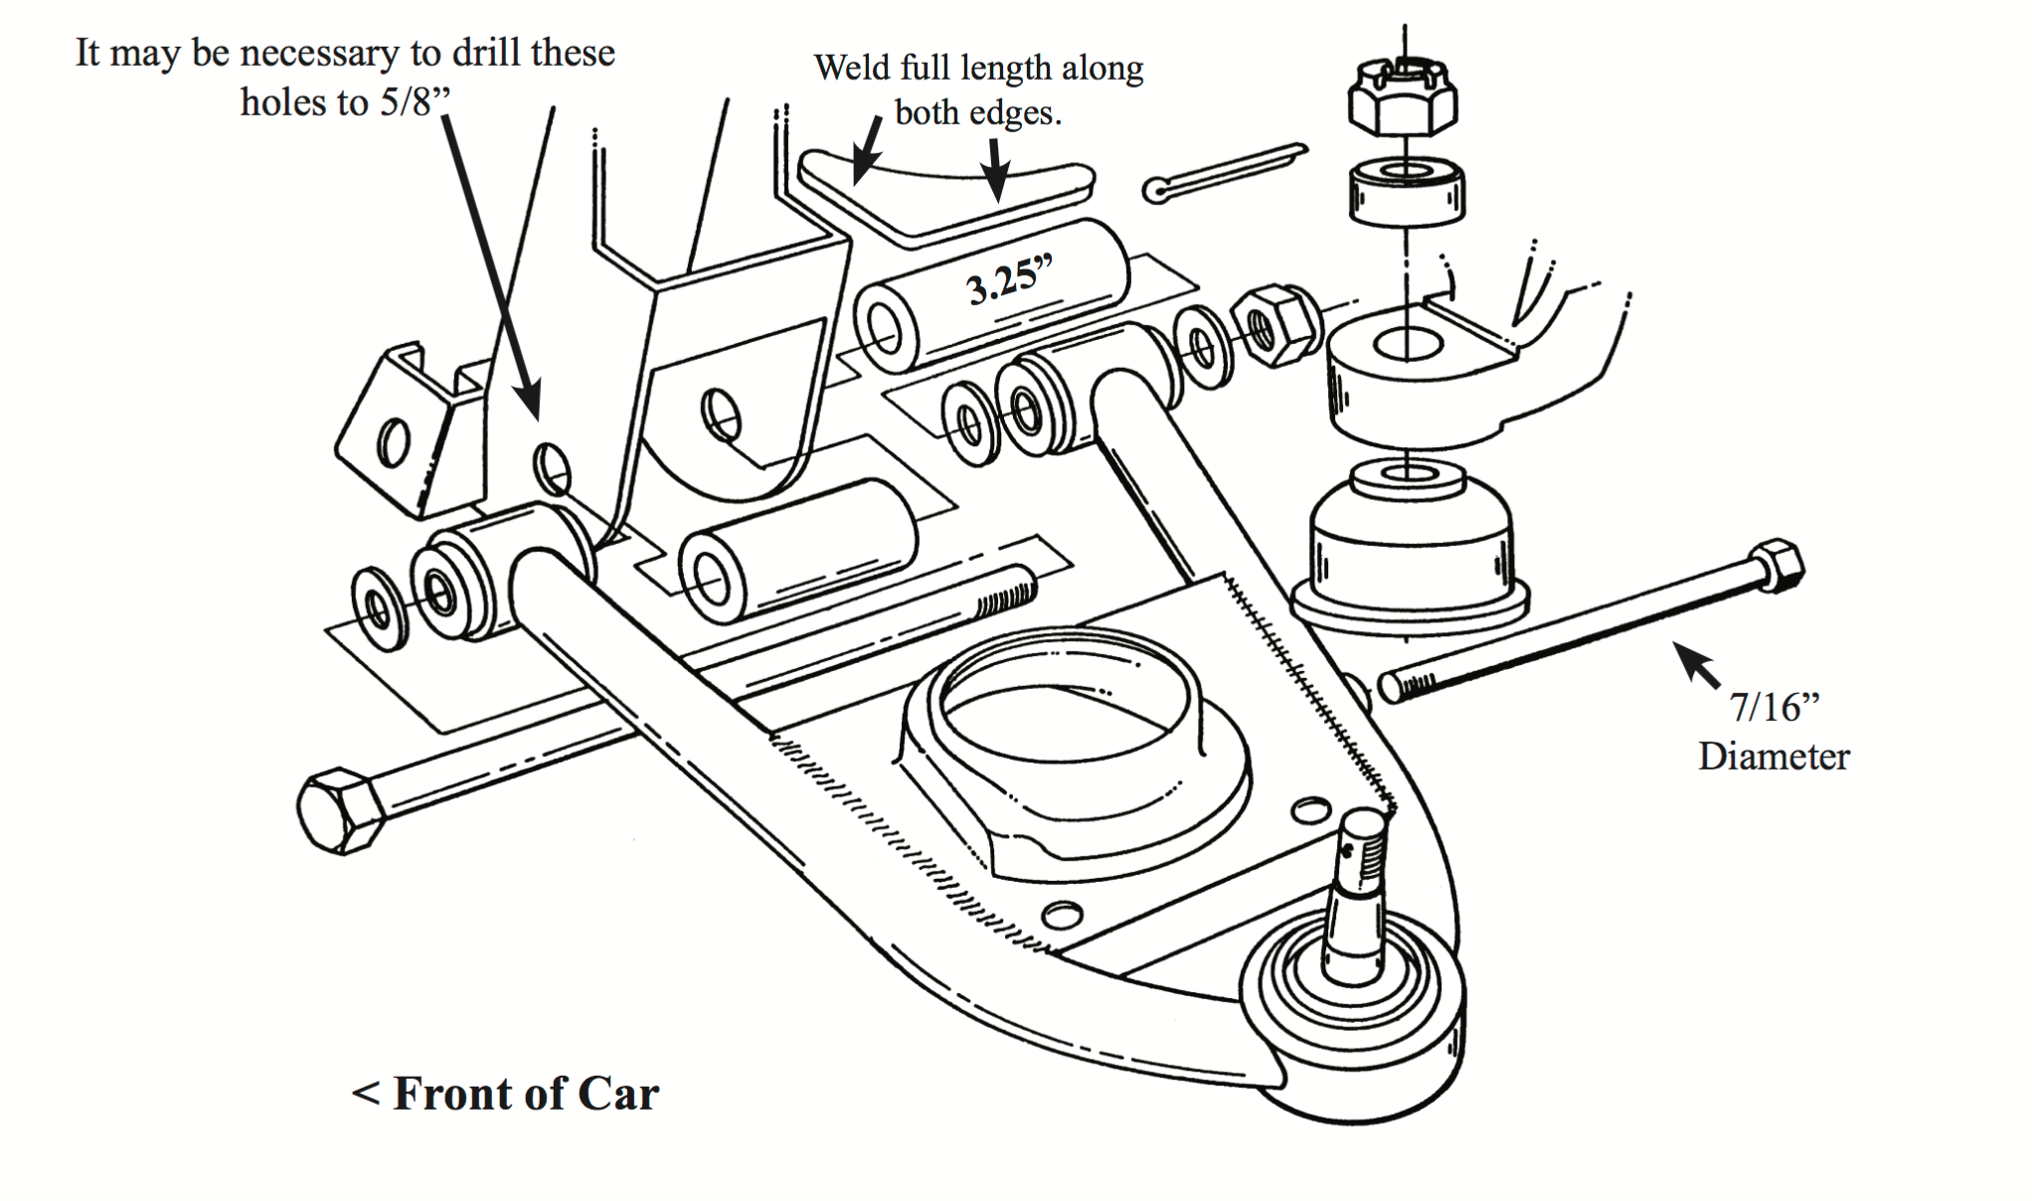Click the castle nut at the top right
pyautogui.click(x=1403, y=97)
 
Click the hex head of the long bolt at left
pyautogui.click(x=341, y=810)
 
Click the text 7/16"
pyautogui.click(x=1774, y=707)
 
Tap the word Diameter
pyautogui.click(x=1774, y=757)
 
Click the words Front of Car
pyautogui.click(x=525, y=1094)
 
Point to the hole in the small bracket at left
pyautogui.click(x=394, y=441)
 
